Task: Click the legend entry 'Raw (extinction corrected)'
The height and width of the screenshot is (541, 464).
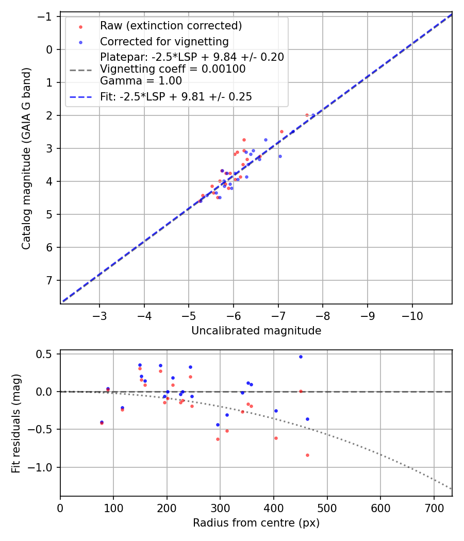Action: pos(171,26)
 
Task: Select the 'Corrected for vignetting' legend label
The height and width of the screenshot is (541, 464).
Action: pos(164,41)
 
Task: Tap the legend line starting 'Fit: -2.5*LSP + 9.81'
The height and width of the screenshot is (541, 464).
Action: pos(176,97)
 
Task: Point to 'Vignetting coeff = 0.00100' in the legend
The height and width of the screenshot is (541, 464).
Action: pos(173,69)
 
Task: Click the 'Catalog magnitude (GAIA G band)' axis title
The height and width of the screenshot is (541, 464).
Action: pos(26,159)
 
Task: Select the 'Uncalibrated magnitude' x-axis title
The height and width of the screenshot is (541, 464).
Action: pos(256,331)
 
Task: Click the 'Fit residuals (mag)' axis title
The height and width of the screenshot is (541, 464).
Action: pos(16,423)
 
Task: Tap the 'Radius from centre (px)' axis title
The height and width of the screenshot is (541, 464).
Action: pos(256,523)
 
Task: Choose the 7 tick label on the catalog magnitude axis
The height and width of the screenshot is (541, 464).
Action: pos(50,280)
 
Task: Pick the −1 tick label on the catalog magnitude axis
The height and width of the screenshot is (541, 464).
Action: pos(47,16)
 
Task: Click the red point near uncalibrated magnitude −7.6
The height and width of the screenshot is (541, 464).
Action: pos(307,115)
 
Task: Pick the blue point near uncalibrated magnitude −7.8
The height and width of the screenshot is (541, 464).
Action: pos(313,115)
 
